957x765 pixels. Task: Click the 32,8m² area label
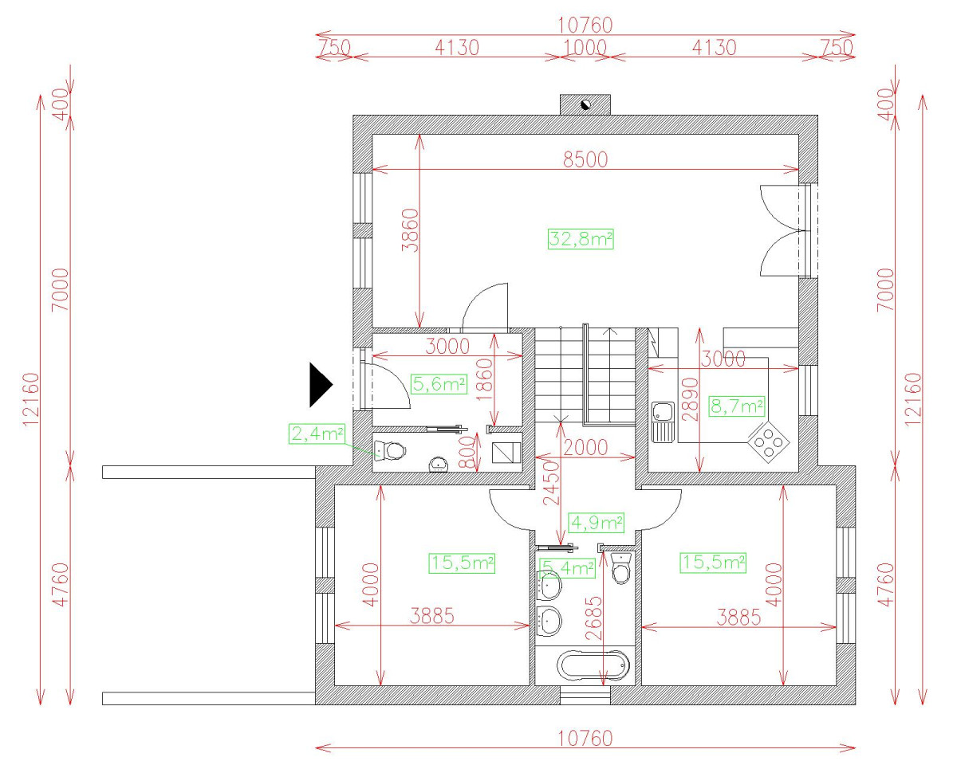pos(581,239)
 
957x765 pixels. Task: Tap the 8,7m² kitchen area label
pos(737,406)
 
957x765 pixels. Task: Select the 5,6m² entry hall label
pos(439,384)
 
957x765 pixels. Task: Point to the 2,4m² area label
pos(317,433)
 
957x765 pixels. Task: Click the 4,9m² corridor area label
pos(597,524)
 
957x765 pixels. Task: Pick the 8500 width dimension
pos(585,159)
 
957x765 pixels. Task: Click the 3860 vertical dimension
pos(410,230)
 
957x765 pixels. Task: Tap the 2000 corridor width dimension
pos(585,448)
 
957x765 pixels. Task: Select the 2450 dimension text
pos(551,483)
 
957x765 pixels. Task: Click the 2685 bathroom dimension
pos(593,618)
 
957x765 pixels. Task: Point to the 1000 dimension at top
pos(585,48)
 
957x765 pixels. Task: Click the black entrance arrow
pos(321,385)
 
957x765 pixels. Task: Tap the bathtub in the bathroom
pos(593,665)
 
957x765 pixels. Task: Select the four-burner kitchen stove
pos(769,442)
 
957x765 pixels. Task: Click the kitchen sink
pos(663,422)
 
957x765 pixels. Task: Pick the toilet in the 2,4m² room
pos(390,451)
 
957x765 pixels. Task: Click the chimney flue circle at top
pos(585,105)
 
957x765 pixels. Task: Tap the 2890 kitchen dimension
pos(690,399)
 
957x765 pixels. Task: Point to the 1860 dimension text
pos(485,379)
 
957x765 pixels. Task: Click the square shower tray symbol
pos(506,453)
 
